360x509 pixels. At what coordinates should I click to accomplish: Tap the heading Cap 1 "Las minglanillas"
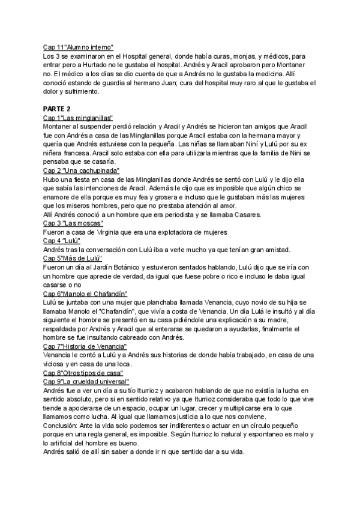point(78,118)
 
